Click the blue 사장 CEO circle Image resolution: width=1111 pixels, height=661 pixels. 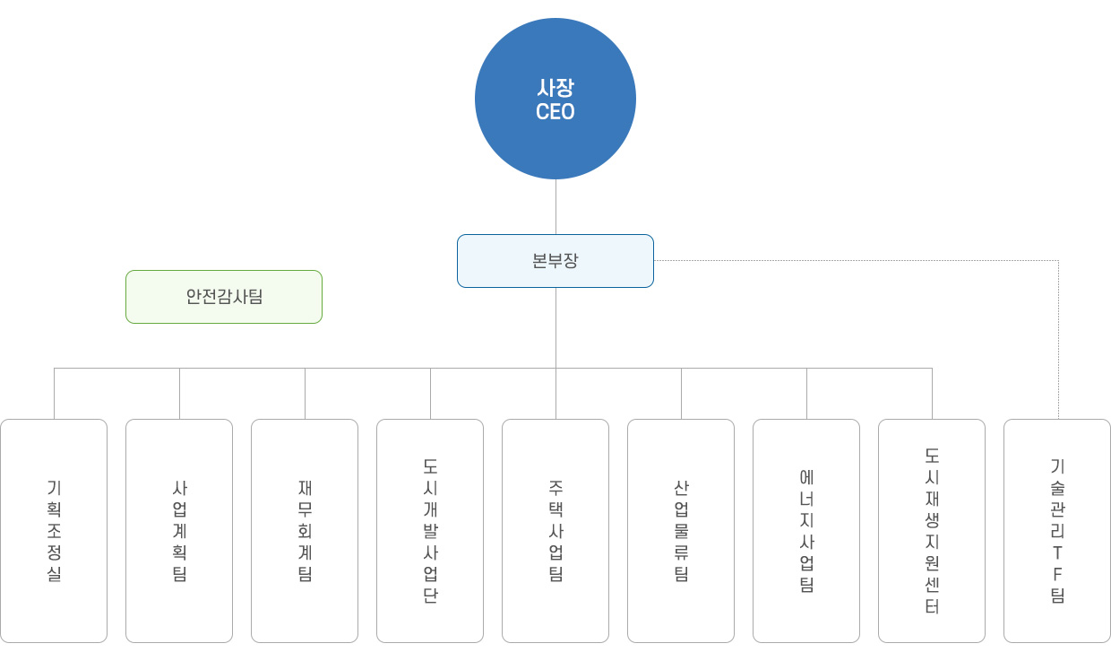click(x=555, y=99)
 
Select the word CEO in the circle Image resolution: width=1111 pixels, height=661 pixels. click(x=555, y=112)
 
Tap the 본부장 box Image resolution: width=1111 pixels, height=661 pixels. click(x=555, y=261)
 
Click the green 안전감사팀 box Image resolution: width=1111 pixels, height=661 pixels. click(x=224, y=297)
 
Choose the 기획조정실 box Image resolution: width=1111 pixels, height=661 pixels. click(x=54, y=531)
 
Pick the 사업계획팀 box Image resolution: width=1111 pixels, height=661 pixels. click(x=179, y=531)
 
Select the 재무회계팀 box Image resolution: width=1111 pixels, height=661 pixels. click(x=305, y=531)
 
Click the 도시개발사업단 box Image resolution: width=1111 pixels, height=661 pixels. click(x=430, y=531)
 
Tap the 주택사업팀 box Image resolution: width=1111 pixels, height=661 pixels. click(x=555, y=531)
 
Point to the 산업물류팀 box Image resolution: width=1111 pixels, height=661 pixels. click(x=681, y=531)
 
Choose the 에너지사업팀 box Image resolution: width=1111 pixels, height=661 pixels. click(x=806, y=531)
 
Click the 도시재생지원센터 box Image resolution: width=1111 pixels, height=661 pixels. click(x=932, y=531)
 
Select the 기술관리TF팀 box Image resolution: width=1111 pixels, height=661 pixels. click(x=1057, y=531)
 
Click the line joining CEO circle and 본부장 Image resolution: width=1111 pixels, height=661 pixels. click(x=555, y=206)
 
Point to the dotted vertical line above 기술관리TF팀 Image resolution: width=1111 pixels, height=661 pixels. click(x=1058, y=340)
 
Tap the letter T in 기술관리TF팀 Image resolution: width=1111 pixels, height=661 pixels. click(x=1057, y=552)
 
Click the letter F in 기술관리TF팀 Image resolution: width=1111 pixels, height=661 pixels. click(x=1057, y=575)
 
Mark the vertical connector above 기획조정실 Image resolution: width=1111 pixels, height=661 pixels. click(x=54, y=394)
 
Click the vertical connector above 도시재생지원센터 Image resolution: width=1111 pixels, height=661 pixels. click(x=932, y=394)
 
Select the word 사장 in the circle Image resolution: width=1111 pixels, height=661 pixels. click(x=555, y=88)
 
